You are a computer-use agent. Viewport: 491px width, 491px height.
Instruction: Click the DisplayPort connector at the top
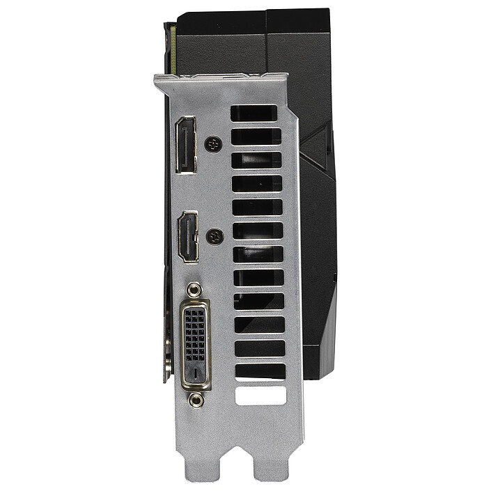[x=185, y=145]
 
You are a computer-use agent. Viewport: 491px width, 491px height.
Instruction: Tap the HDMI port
[x=187, y=237]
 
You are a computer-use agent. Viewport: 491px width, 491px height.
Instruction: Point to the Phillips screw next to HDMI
[x=215, y=237]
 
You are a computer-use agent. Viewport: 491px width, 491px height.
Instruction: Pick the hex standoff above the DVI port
[x=196, y=289]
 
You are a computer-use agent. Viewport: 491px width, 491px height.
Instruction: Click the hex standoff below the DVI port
[x=197, y=399]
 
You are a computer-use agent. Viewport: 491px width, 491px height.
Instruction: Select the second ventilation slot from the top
[x=256, y=137]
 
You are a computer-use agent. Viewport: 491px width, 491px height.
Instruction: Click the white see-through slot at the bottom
[x=260, y=396]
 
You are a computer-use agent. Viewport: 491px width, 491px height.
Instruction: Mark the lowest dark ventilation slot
[x=260, y=371]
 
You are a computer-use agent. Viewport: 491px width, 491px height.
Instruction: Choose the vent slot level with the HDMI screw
[x=258, y=231]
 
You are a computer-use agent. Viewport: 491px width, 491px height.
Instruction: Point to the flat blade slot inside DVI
[x=196, y=373]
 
